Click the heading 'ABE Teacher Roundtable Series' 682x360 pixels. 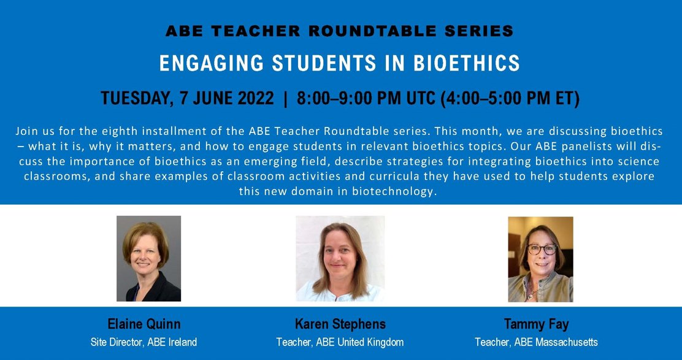[x=340, y=31]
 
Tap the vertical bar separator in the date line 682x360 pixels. [x=285, y=98]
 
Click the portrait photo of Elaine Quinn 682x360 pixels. [x=148, y=258]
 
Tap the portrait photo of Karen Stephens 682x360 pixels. [x=340, y=258]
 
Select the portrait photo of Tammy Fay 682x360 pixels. [x=540, y=259]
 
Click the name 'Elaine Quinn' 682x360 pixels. [x=144, y=324]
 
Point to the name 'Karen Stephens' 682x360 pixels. [x=340, y=324]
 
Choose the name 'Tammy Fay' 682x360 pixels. [x=535, y=324]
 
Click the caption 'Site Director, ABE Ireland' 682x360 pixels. [x=144, y=342]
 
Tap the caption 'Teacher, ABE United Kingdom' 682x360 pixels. [x=340, y=342]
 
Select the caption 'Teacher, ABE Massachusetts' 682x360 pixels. [x=535, y=342]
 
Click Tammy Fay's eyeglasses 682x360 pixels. [x=542, y=250]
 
